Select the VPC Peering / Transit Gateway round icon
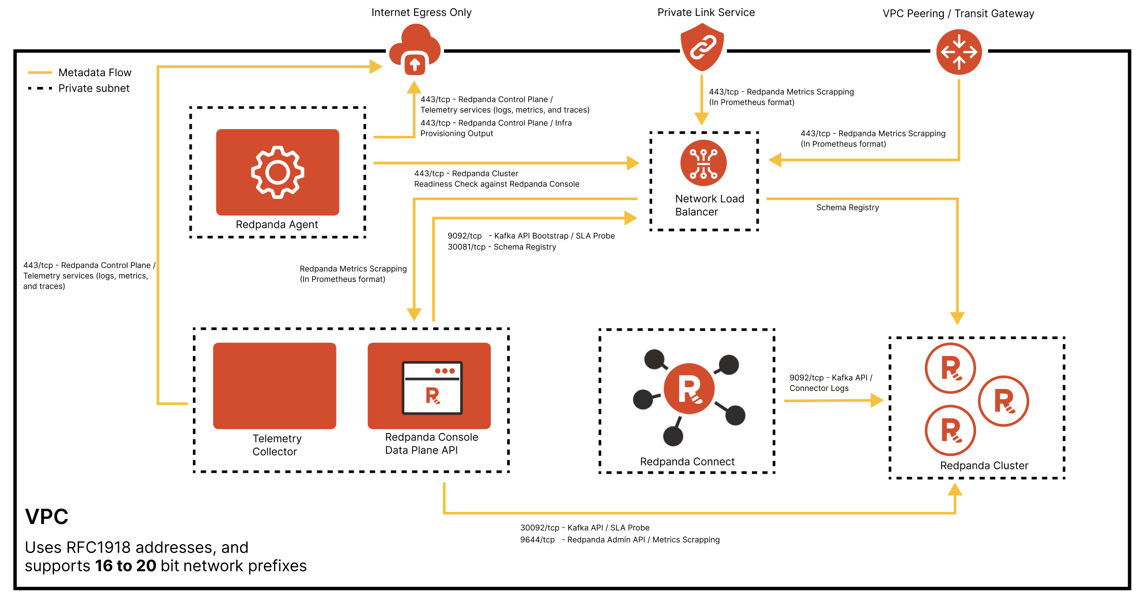(959, 52)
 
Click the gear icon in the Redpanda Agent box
(278, 172)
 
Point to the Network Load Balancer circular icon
(703, 163)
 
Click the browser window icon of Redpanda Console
(432, 388)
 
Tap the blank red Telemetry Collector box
(275, 386)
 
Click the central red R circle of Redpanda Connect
(689, 389)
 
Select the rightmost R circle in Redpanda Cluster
(1003, 401)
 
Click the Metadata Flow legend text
(95, 73)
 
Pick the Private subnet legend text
(94, 88)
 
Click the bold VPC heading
(47, 516)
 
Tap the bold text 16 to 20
(126, 566)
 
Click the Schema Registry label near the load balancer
(847, 207)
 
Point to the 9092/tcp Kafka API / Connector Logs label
(830, 383)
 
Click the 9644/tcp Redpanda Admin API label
(620, 540)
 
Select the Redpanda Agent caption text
(277, 224)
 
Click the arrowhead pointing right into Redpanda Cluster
(876, 400)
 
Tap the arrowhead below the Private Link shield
(702, 119)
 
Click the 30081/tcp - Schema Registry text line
(502, 247)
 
